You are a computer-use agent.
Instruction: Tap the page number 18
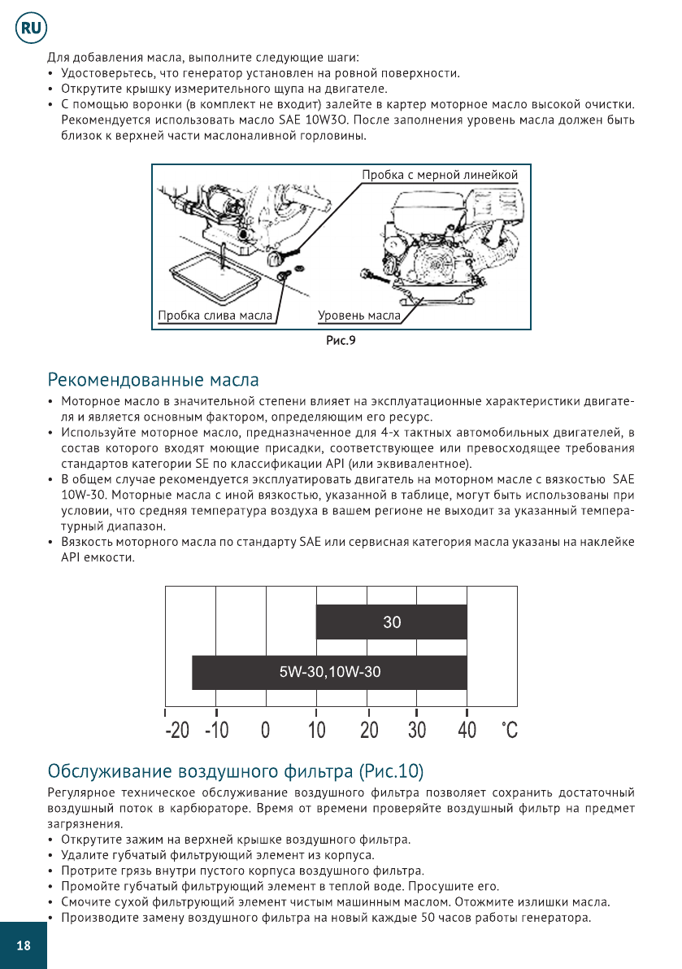[x=23, y=945]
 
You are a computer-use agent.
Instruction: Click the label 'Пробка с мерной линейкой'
[x=440, y=175]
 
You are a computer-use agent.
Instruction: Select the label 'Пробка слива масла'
[x=215, y=316]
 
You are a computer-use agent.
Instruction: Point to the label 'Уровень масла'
[x=358, y=316]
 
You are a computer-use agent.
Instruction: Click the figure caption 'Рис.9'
[x=341, y=340]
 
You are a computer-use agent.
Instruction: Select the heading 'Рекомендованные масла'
[x=154, y=380]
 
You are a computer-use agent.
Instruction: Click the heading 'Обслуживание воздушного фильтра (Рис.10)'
[x=237, y=770]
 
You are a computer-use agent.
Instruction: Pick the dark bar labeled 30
[x=391, y=622]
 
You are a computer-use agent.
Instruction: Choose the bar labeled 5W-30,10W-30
[x=329, y=672]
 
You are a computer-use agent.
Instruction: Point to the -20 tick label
[x=177, y=730]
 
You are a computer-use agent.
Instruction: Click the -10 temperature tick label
[x=216, y=730]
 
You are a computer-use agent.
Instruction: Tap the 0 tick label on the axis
[x=266, y=730]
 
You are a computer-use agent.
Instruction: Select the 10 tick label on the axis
[x=316, y=730]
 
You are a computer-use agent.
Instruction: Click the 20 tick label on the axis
[x=368, y=730]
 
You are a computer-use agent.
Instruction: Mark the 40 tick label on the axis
[x=467, y=730]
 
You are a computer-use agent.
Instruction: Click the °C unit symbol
[x=509, y=730]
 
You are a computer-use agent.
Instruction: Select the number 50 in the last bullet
[x=428, y=918]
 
